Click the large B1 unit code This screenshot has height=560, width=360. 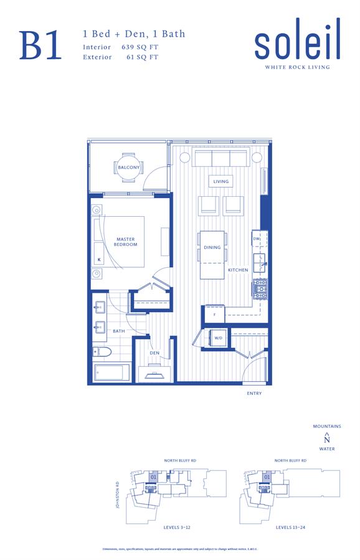41,45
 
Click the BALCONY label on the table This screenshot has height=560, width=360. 128,167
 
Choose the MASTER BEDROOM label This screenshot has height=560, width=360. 126,242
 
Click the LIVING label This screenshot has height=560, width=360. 221,182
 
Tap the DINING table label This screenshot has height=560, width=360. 212,247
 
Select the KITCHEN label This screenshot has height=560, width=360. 238,270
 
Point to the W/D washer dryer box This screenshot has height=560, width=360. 219,338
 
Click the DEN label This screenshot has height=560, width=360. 154,353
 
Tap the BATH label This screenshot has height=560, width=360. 119,331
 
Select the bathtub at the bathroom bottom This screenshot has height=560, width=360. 112,373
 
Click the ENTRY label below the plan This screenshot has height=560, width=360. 254,394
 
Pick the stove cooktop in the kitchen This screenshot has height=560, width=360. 259,288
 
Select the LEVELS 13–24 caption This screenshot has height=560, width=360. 291,528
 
